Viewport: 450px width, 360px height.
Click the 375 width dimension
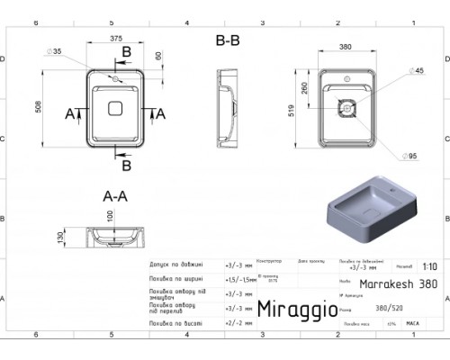click(115, 38)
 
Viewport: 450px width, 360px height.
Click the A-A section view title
click(113, 193)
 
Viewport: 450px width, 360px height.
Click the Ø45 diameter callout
click(392, 70)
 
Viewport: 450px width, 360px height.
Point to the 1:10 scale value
click(430, 266)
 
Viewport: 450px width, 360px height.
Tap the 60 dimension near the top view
click(158, 56)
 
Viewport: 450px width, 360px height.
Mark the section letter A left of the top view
click(69, 113)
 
